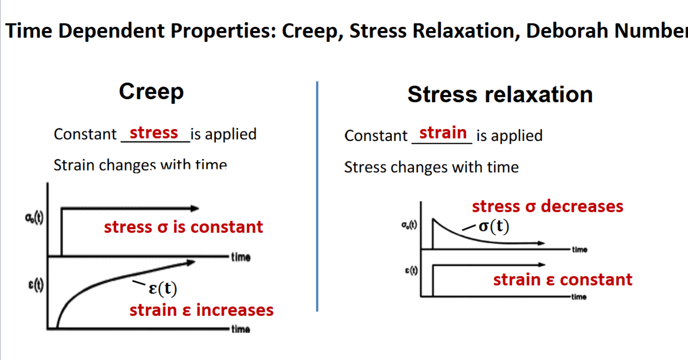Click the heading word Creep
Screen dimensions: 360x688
[x=151, y=92]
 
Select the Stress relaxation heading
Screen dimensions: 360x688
[x=500, y=95]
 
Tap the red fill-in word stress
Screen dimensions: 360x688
[x=154, y=133]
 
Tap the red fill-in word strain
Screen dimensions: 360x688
[x=443, y=133]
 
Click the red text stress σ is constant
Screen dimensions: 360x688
[x=183, y=227]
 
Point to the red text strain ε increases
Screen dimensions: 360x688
[x=201, y=310]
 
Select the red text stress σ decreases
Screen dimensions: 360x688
[x=547, y=206]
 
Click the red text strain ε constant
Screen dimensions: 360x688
[x=563, y=280]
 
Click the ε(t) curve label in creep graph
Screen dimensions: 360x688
[x=163, y=288]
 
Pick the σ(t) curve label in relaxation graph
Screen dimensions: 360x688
[x=494, y=226]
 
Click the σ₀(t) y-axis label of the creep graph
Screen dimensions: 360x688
[x=35, y=218]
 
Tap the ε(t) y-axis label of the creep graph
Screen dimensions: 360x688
[x=36, y=285]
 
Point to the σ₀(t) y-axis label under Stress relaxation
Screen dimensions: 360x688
[x=409, y=225]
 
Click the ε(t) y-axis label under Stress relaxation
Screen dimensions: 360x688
[x=411, y=271]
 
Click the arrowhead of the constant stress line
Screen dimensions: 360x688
[x=195, y=209]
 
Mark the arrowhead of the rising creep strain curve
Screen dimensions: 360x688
[x=191, y=262]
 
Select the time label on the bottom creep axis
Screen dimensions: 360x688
[x=240, y=329]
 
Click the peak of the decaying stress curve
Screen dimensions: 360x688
[x=433, y=219]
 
